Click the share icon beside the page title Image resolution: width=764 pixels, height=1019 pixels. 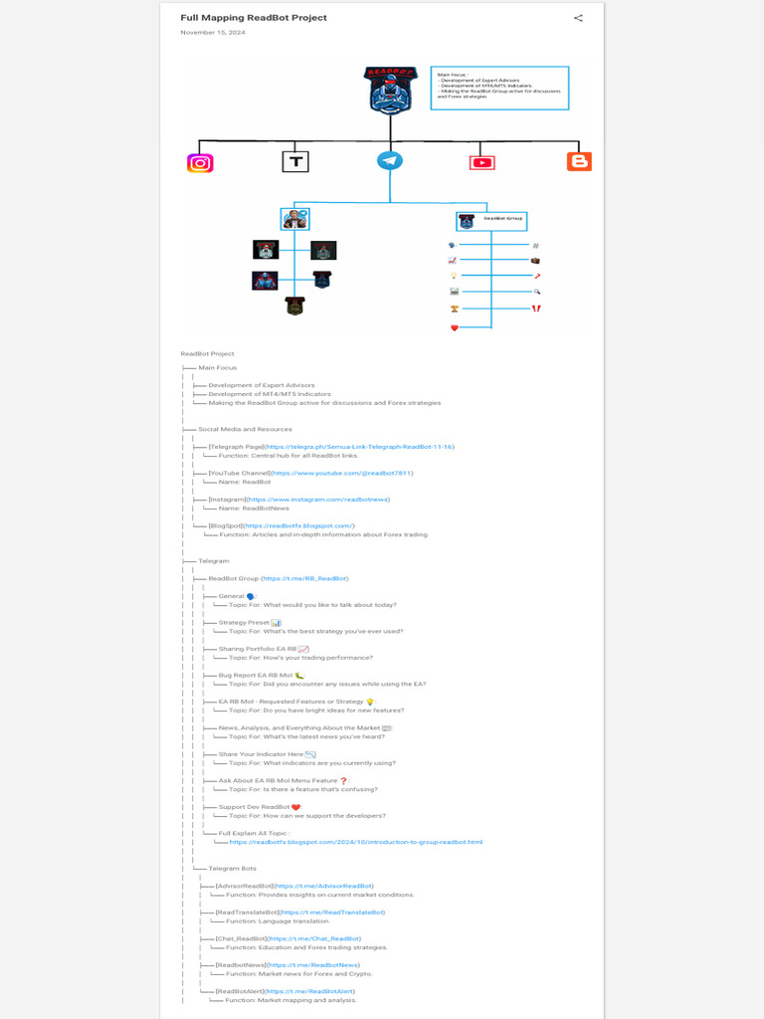tap(578, 18)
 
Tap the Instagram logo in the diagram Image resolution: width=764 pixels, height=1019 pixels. tap(200, 162)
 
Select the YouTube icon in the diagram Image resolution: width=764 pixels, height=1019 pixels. tap(482, 162)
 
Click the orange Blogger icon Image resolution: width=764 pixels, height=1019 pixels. tap(579, 161)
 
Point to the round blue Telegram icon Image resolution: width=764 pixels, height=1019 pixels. tap(390, 160)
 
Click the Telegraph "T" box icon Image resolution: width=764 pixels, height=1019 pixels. tap(294, 161)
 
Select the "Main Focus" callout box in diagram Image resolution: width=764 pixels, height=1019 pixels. tap(499, 88)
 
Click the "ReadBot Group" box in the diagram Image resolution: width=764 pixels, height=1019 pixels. tap(491, 221)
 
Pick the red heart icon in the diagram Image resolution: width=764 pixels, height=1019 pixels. tap(455, 327)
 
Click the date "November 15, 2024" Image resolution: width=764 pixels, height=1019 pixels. tap(213, 33)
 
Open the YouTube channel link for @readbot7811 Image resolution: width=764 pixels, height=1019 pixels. tap(341, 474)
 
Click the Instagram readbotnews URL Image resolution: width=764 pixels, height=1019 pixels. tap(318, 500)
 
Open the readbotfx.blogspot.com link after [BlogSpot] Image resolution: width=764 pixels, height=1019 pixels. tap(299, 525)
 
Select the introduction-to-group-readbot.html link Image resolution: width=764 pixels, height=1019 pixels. tap(355, 842)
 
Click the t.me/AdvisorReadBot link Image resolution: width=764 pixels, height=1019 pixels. tap(324, 886)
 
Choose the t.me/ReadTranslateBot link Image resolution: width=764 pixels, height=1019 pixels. tap(332, 912)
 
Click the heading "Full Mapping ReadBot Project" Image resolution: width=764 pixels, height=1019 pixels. tap(254, 18)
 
